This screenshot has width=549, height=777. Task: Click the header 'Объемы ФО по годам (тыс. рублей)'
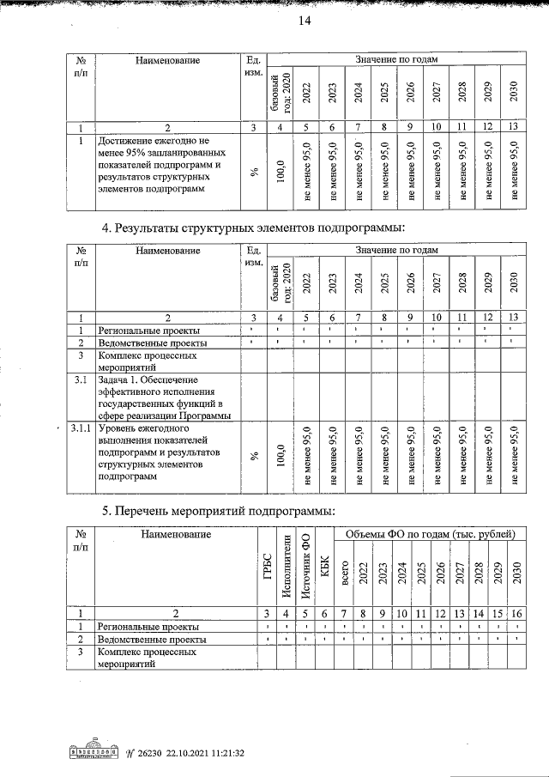coord(430,535)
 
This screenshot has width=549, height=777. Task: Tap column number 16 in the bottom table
coord(516,613)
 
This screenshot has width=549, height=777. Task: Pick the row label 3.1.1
coord(81,428)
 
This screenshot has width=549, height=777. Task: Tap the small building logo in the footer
coord(94,752)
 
